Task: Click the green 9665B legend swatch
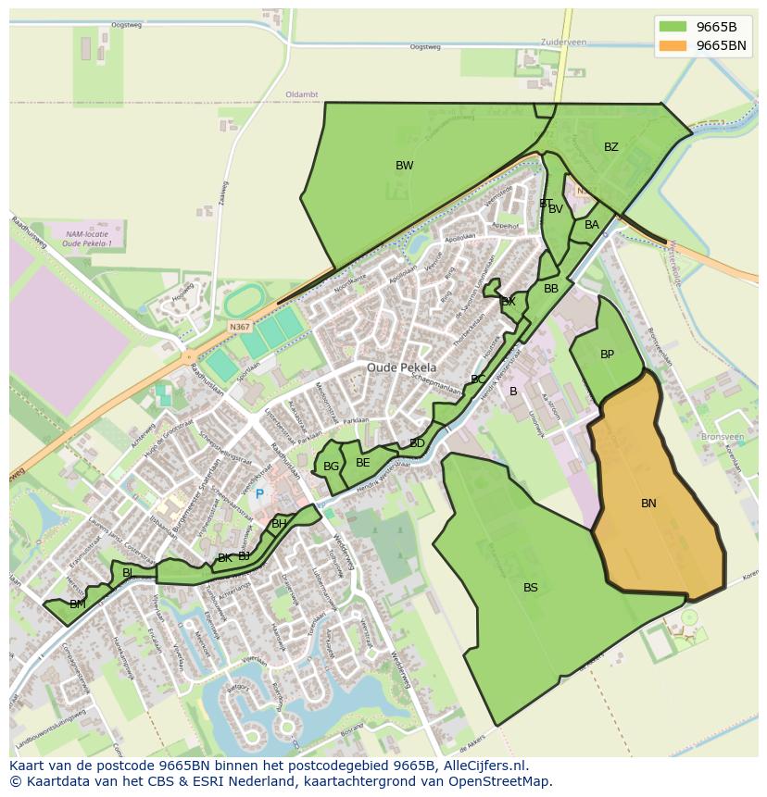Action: [673, 27]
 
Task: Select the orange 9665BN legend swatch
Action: [673, 45]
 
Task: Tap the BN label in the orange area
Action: [648, 504]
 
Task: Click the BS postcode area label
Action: [531, 588]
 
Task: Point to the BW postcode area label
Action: [405, 166]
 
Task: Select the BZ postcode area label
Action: [611, 147]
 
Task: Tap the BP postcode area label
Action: [607, 355]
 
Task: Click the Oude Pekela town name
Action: [401, 367]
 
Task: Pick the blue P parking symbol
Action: [259, 494]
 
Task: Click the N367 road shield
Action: [240, 327]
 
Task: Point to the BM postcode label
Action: [78, 604]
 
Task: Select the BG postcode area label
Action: [331, 467]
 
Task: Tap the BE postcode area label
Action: [363, 463]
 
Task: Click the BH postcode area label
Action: [279, 524]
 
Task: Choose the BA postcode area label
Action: [592, 225]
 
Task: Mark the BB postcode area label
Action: [551, 289]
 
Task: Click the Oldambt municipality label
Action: [302, 94]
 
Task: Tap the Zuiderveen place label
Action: [564, 43]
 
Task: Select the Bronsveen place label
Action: [723, 436]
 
